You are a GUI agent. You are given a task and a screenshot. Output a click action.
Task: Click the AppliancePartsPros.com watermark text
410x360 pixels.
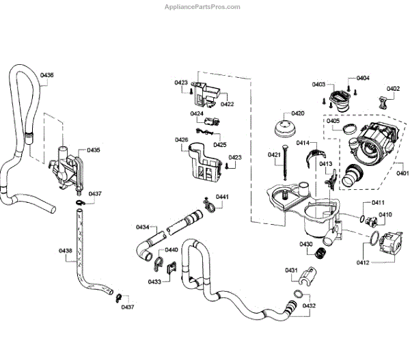click(x=202, y=7)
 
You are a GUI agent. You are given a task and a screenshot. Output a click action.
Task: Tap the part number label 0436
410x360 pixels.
click(x=46, y=75)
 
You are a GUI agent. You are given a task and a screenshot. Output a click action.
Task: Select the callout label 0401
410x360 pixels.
click(x=402, y=173)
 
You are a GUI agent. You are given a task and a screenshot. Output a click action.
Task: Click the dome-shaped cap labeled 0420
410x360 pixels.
click(x=285, y=128)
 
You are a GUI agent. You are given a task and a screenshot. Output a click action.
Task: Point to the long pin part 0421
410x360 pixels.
click(x=285, y=162)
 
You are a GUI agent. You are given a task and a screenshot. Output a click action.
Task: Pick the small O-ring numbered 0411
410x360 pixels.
click(x=361, y=219)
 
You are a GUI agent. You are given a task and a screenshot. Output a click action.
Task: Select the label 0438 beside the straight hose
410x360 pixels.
click(x=66, y=251)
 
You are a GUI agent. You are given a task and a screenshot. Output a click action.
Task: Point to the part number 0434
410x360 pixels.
click(x=143, y=227)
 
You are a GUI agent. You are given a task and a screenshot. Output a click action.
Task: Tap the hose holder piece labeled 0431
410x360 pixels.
click(x=309, y=277)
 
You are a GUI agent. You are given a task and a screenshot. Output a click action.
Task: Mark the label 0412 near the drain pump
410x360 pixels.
click(x=363, y=262)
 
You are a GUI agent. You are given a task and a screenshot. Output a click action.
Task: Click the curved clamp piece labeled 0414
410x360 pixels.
click(x=316, y=156)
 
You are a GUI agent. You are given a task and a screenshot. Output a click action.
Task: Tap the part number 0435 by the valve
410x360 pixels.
click(x=94, y=150)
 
